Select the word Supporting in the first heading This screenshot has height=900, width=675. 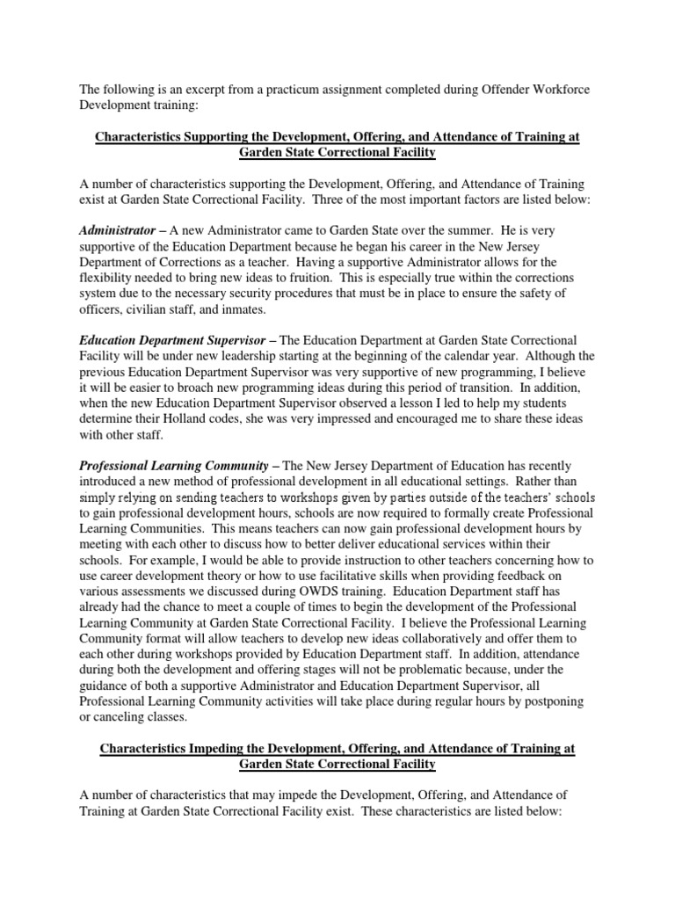[218, 138]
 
